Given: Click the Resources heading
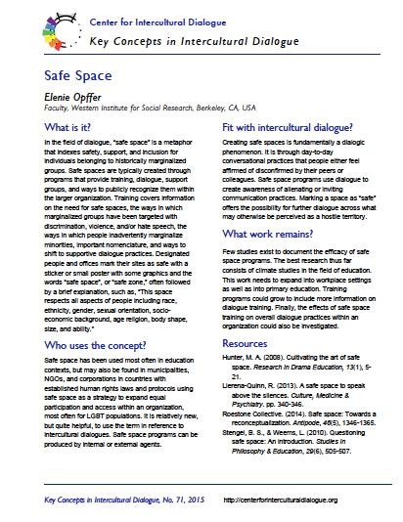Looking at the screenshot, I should (246, 345).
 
